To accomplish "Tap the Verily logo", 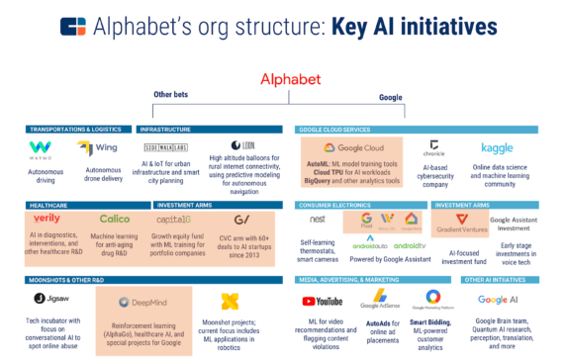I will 47,219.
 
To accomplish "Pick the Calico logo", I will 114,219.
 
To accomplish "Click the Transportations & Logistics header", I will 78,129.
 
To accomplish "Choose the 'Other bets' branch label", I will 170,95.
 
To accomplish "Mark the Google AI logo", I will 497,300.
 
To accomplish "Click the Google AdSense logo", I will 380,300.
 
